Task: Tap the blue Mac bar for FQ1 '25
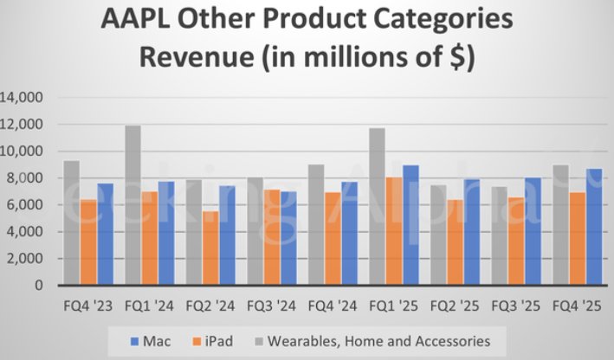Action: click(410, 225)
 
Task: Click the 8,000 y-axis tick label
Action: click(27, 178)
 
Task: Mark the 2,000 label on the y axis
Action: click(27, 258)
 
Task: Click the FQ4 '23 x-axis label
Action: click(88, 305)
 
